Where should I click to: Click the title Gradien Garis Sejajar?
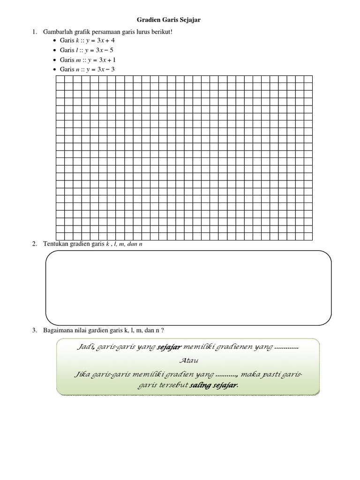171,20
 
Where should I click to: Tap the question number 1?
34,32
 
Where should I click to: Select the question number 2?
34,244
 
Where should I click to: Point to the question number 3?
34,330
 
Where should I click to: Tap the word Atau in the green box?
188,360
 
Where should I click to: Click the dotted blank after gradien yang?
227,375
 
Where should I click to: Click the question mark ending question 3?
162,330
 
